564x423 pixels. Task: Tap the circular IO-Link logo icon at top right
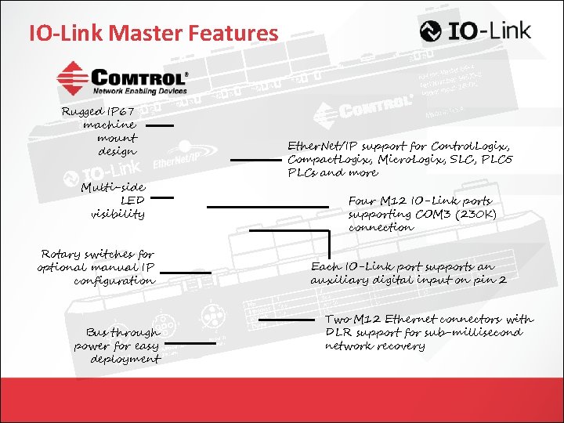pos(431,31)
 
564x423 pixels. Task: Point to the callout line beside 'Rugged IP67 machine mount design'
pos(160,125)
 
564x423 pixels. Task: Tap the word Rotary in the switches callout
pos(61,254)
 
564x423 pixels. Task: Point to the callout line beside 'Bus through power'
pos(190,343)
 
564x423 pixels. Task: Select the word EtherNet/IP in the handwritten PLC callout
pos(320,146)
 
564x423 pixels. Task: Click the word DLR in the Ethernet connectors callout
pos(339,332)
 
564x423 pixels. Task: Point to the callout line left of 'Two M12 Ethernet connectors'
pos(286,320)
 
